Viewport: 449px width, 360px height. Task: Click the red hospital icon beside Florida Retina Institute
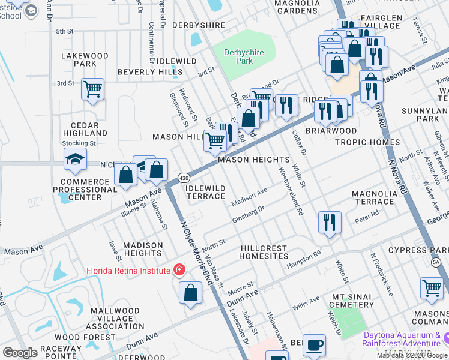click(178, 271)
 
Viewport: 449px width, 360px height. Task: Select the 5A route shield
click(436, 263)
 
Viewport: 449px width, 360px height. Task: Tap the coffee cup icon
click(315, 346)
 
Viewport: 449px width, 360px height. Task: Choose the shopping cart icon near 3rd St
click(92, 89)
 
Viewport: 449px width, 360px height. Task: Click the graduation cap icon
click(75, 159)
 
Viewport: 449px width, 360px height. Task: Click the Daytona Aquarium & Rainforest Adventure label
click(403, 339)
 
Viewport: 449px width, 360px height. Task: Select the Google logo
click(20, 353)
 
